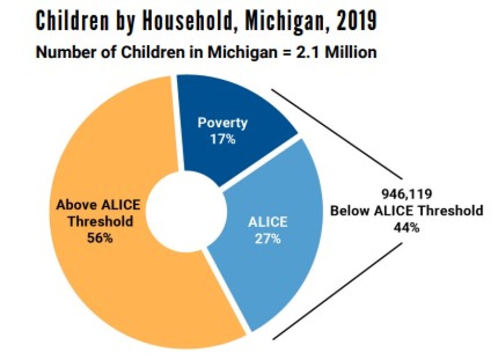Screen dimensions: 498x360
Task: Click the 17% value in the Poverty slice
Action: click(x=222, y=139)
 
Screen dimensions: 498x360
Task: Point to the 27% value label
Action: click(x=268, y=239)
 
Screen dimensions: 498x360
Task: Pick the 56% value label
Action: click(x=100, y=238)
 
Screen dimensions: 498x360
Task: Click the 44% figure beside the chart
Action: click(x=406, y=228)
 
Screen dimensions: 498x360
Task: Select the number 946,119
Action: click(x=406, y=194)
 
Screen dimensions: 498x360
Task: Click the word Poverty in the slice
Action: click(x=222, y=123)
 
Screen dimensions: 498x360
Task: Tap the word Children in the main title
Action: click(x=71, y=20)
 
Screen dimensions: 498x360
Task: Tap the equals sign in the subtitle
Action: click(x=287, y=53)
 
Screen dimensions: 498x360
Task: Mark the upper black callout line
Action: click(x=337, y=134)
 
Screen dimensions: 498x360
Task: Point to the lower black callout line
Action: click(x=338, y=291)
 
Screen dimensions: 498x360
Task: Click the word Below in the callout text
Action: click(x=350, y=211)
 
